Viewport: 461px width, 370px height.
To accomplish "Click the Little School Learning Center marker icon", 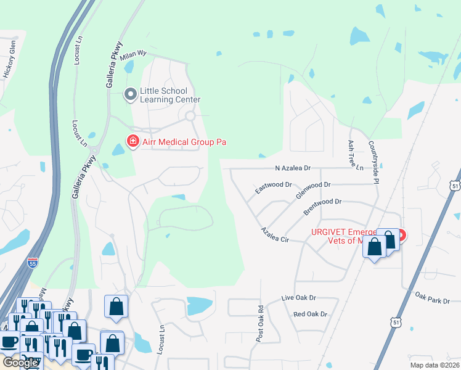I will pyautogui.click(x=130, y=94).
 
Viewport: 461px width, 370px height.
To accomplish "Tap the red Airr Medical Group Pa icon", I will pyautogui.click(x=132, y=142).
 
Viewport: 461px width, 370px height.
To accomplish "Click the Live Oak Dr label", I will pyautogui.click(x=298, y=298).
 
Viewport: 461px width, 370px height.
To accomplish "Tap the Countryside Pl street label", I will pyautogui.click(x=373, y=161).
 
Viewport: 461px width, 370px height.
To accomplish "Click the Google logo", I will pyautogui.click(x=20, y=363).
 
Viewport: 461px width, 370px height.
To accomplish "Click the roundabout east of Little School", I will pyautogui.click(x=190, y=116).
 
